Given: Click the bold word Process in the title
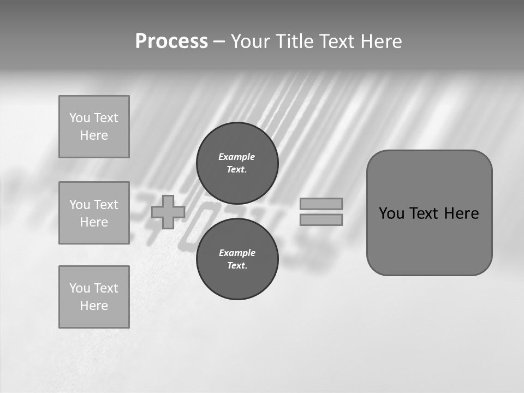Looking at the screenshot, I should click(x=171, y=41).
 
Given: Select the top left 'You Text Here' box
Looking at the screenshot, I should click(x=94, y=127).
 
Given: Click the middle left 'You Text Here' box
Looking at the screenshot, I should click(x=94, y=213).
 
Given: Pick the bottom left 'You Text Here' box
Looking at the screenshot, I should click(x=94, y=297).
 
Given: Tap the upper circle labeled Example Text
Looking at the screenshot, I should click(x=237, y=163).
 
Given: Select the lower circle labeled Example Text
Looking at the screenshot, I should click(x=237, y=259).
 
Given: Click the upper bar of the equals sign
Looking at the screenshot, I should click(x=321, y=204).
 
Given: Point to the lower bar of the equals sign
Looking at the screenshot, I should click(x=321, y=219).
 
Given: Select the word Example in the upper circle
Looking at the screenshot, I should click(x=237, y=157).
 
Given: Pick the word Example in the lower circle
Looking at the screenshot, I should click(x=237, y=253).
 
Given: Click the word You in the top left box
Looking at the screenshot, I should click(x=79, y=118).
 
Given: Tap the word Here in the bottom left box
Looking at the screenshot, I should click(x=94, y=306).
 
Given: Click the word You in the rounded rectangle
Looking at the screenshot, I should click(x=391, y=213).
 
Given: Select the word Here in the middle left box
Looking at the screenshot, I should click(x=94, y=222).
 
